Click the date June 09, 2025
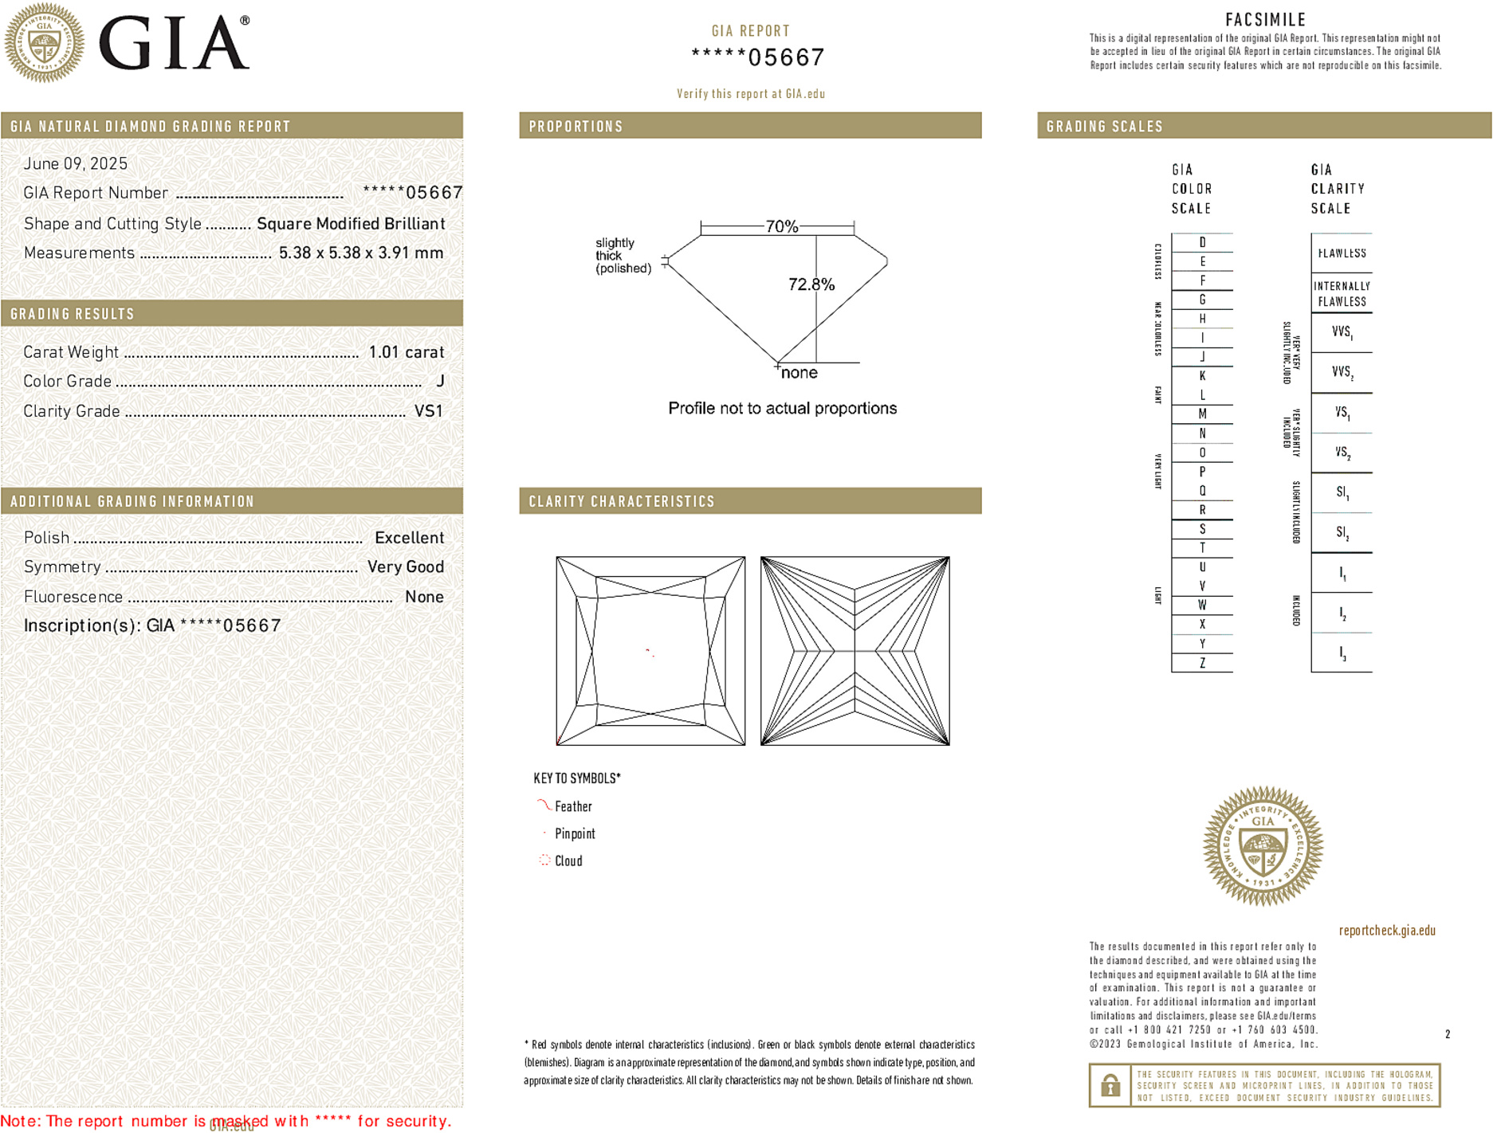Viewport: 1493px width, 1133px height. coord(76,164)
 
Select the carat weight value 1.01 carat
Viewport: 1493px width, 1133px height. coord(406,352)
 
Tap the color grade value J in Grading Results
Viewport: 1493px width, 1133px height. coord(440,382)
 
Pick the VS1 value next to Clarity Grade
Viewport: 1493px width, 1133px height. coord(428,411)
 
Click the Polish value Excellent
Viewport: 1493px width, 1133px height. coord(409,538)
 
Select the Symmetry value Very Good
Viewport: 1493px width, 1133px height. coord(405,567)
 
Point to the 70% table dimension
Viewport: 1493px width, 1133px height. coord(781,226)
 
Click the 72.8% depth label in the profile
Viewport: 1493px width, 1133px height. coord(811,284)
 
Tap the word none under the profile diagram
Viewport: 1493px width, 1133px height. coord(799,373)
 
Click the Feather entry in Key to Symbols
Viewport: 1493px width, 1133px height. coord(573,807)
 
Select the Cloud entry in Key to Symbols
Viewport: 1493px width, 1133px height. coord(568,861)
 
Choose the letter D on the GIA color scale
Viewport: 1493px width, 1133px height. coord(1202,242)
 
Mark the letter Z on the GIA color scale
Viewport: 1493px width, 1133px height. coord(1202,663)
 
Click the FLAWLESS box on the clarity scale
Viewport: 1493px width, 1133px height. coord(1342,253)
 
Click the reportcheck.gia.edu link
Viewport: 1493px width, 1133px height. coord(1387,931)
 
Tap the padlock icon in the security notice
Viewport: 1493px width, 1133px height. coord(1110,1085)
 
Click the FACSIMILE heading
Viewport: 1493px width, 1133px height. coord(1265,20)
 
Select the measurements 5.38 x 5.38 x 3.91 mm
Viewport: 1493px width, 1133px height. coord(360,253)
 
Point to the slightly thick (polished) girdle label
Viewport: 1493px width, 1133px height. coord(623,256)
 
